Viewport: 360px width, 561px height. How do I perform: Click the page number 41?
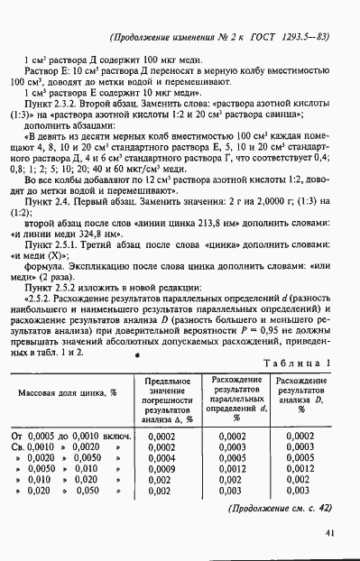tap(331, 532)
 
